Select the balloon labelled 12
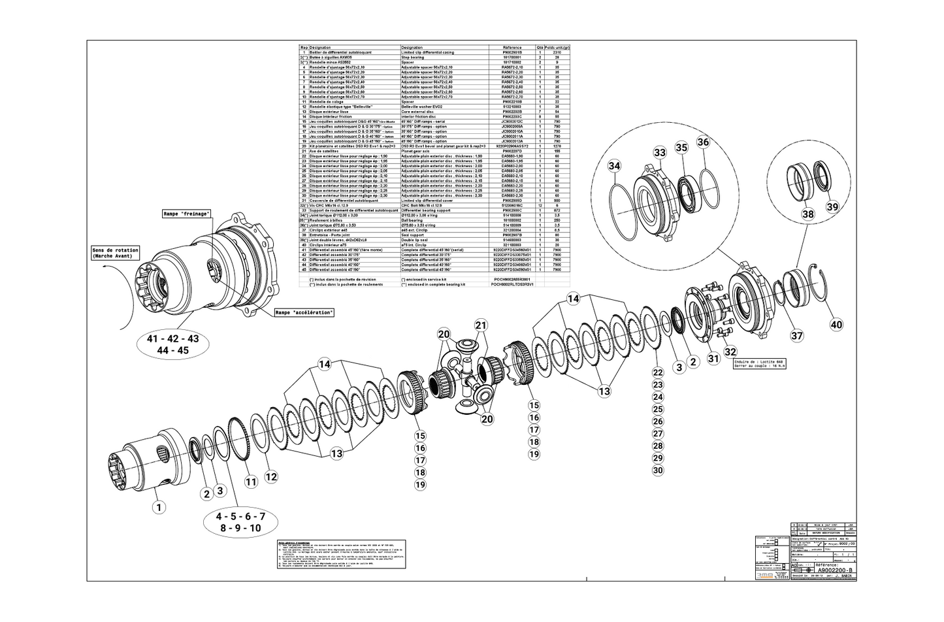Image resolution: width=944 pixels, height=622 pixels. (x=271, y=476)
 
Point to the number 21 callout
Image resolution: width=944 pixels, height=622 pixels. (x=481, y=325)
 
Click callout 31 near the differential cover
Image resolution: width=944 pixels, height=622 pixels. (x=713, y=358)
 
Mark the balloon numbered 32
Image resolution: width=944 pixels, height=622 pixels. (x=730, y=352)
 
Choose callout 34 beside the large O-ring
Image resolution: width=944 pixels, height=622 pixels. (x=614, y=166)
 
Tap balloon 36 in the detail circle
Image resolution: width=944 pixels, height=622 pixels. (x=703, y=142)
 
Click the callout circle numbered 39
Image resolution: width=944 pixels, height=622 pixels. (x=831, y=206)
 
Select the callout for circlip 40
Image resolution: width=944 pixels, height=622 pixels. (x=836, y=324)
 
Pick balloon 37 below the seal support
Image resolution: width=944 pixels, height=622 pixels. (x=796, y=336)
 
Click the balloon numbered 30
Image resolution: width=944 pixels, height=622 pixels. (x=658, y=470)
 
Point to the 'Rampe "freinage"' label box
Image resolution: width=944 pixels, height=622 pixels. (x=187, y=214)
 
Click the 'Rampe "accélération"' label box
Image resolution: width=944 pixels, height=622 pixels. (x=304, y=312)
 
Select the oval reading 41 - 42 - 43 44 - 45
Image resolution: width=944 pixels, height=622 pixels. (x=172, y=344)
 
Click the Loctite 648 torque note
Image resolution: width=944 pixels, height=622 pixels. (x=758, y=364)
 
